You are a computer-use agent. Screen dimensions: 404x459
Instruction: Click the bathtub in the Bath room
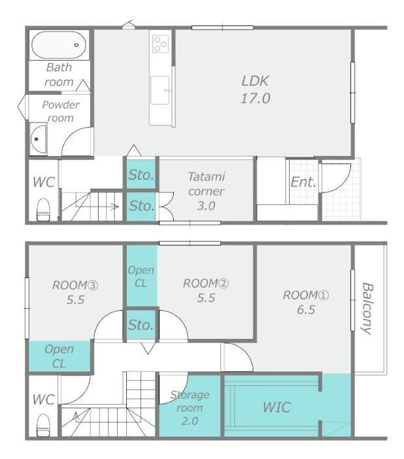coord(59,45)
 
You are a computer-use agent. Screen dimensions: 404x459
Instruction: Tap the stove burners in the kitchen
coord(160,44)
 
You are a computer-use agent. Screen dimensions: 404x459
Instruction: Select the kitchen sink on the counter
coord(160,90)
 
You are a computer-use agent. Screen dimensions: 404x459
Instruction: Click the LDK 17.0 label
coord(255,89)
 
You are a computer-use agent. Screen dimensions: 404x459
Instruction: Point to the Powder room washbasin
coord(38,139)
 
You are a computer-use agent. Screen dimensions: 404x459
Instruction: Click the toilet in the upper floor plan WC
coord(43,209)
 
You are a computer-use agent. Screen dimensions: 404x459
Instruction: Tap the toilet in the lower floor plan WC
coord(43,425)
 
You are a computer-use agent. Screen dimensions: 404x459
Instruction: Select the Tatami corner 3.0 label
coord(207,191)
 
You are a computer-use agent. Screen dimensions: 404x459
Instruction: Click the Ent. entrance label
coord(303,182)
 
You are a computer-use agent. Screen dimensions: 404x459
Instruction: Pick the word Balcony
coord(367,309)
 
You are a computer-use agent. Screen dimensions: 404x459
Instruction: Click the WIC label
coord(277,407)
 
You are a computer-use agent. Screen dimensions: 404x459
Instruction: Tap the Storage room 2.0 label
coord(190,408)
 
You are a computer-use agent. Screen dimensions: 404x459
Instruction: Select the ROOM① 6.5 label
coord(306,302)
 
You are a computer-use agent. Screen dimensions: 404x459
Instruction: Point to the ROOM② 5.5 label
coord(206,291)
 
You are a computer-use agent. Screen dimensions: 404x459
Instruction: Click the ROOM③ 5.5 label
coord(75,293)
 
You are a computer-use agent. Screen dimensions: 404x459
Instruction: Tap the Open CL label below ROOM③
coord(59,356)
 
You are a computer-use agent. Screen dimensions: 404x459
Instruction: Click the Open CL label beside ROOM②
coord(141,277)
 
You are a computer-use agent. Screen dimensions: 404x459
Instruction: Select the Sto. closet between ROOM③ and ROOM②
coord(141,325)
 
